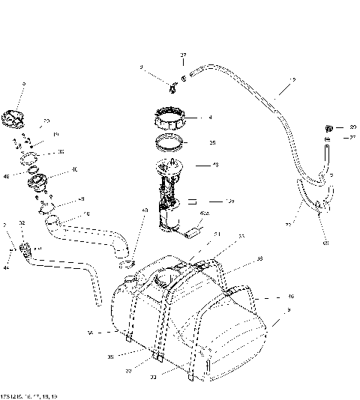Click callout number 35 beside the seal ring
tap(212, 142)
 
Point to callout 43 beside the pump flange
tap(215, 165)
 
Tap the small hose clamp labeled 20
tap(328, 127)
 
